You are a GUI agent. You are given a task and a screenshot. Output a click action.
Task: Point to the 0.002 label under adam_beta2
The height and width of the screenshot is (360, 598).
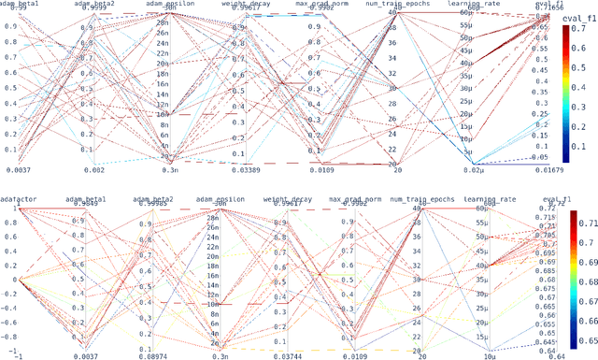(93, 169)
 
